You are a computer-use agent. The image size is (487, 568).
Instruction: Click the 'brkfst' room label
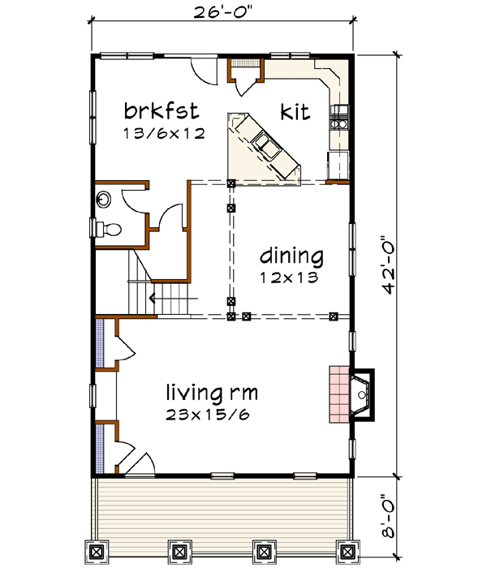pyautogui.click(x=162, y=110)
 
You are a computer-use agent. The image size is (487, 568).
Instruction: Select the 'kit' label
pyautogui.click(x=296, y=111)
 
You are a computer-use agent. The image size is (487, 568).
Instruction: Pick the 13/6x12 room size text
pyautogui.click(x=162, y=132)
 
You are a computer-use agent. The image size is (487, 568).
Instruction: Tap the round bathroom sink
pyautogui.click(x=104, y=200)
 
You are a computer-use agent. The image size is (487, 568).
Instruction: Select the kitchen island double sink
pyautogui.click(x=268, y=146)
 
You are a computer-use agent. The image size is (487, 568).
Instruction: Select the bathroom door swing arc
pyautogui.click(x=169, y=220)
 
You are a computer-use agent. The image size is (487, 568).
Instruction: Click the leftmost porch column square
pyautogui.click(x=97, y=551)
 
